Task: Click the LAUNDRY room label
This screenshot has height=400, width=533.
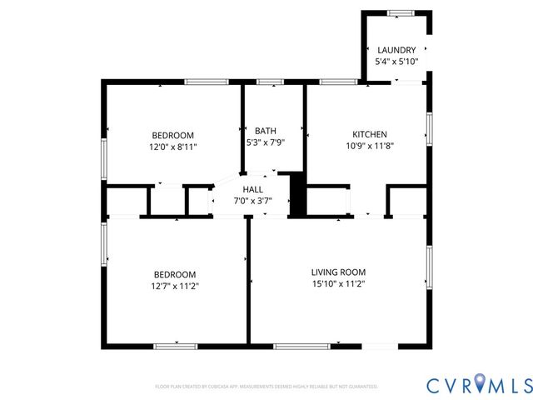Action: point(396,50)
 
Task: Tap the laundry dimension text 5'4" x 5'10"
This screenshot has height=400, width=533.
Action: point(396,62)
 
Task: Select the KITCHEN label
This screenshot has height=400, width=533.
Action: point(369,134)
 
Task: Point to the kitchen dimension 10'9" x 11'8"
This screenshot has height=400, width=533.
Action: point(369,146)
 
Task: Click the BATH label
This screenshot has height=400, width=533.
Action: point(266,131)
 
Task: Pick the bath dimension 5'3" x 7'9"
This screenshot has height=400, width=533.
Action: point(266,142)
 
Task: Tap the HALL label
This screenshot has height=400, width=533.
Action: point(252,190)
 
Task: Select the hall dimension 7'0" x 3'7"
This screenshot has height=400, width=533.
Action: point(252,202)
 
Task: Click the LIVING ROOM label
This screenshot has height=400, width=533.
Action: point(338,272)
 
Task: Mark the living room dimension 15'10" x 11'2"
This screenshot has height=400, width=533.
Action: point(338,285)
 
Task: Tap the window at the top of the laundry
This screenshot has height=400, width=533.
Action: point(401,12)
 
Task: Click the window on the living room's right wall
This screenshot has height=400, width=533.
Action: point(429,267)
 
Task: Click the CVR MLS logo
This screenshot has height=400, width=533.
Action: point(479,385)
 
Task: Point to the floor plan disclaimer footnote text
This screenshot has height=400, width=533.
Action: point(266,387)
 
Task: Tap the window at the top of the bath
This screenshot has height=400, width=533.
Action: point(268,82)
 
